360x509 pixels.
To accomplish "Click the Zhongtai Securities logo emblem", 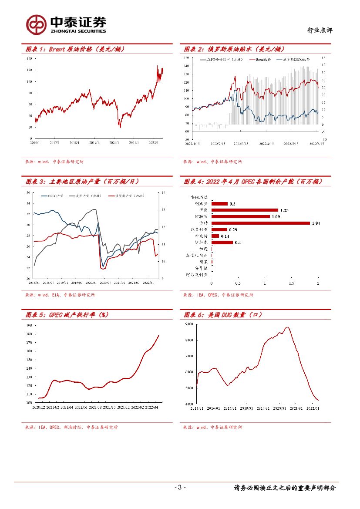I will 36,24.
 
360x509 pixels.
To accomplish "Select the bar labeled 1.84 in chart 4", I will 260,223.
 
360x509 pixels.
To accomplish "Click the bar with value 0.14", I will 215,236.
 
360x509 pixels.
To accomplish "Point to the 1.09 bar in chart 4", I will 240,216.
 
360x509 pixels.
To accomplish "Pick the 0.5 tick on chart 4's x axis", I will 238,283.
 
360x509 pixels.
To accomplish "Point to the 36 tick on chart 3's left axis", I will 28,192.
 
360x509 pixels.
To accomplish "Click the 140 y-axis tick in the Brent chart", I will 30,58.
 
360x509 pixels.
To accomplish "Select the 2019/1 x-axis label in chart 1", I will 94,142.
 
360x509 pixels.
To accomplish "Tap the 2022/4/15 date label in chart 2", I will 266,143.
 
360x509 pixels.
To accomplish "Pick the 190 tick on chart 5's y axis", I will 29,325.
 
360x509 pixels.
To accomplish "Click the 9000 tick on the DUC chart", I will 188,324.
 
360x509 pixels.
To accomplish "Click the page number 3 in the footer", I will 180,488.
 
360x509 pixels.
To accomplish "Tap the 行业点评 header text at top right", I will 320,30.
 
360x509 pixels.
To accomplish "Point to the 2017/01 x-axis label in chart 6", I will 230,408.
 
